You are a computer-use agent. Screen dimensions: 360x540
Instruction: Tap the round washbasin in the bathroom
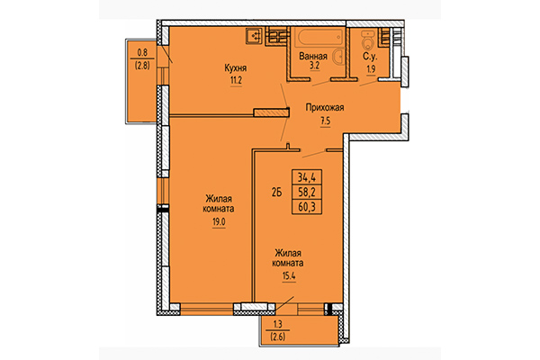point(338,56)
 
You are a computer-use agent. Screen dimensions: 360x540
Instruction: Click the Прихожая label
point(325,107)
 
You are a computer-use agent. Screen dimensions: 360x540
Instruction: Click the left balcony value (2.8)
point(142,65)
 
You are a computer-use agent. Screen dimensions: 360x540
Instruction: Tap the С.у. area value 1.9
point(367,67)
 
